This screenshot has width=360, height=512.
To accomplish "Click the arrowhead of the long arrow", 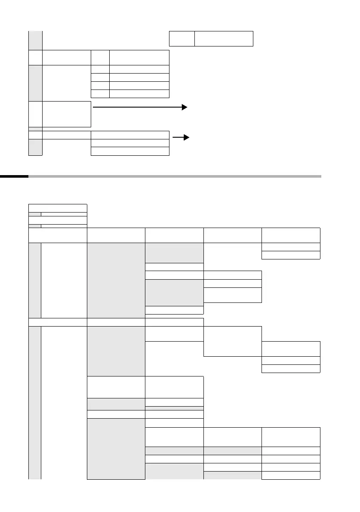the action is [185, 107].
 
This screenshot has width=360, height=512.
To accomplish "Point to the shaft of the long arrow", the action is [138, 107].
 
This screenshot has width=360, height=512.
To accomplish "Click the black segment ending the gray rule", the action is [14, 176].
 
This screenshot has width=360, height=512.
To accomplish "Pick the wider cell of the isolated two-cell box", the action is [224, 38].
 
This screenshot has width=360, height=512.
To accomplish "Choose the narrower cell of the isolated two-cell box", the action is [182, 38].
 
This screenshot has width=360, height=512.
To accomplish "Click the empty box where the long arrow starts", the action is [67, 114].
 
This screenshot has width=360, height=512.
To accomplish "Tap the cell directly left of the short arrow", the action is [130, 135].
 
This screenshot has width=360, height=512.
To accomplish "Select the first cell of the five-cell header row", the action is [57, 235].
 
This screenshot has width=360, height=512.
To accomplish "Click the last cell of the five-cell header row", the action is [291, 235].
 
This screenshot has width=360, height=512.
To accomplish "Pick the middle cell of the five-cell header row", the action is [174, 235].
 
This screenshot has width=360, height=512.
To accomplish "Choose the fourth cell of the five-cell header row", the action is [232, 235].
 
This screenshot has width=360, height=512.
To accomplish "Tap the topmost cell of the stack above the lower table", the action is [57, 208].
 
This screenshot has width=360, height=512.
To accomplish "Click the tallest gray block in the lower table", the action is [116, 280].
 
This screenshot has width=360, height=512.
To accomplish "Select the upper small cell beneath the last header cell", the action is [291, 247].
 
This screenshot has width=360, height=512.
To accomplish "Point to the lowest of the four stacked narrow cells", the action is [101, 94].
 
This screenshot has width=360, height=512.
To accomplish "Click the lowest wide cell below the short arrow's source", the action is [130, 151].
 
